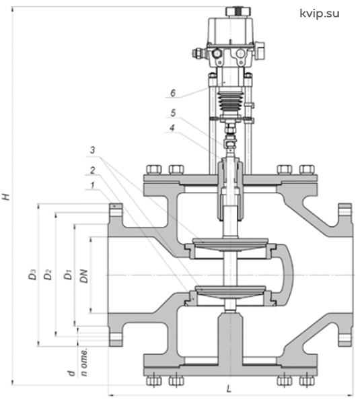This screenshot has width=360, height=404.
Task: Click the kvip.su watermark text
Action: click(320, 13)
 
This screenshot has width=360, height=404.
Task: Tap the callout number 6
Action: click(173, 93)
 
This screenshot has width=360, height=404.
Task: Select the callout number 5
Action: click(173, 113)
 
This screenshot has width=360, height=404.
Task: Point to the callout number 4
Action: click(172, 128)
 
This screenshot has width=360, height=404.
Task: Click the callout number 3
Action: click(92, 150)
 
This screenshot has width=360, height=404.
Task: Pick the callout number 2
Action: click(92, 170)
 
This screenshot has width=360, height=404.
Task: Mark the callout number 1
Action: click(92, 185)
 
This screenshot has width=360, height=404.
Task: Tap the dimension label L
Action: click(229, 389)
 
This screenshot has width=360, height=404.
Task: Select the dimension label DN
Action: click(84, 276)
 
